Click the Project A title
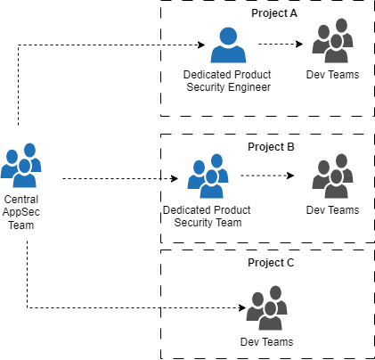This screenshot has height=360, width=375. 274,13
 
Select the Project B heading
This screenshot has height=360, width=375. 271,147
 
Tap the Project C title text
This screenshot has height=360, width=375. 271,263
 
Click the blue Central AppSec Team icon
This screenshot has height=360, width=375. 21,166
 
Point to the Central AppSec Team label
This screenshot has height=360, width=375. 20,212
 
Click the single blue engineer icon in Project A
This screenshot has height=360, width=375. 228,45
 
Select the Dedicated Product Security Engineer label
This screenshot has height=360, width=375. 227,81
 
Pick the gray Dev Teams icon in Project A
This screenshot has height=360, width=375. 332,41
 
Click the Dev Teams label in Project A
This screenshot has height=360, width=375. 332,75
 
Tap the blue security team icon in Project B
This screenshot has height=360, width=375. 208,176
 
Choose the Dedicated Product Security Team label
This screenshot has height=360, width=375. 207,217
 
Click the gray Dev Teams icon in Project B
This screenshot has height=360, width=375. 332,176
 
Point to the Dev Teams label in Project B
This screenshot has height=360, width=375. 332,210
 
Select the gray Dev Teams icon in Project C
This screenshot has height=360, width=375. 266,308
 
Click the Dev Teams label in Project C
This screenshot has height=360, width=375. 266,342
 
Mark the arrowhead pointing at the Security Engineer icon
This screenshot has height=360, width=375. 202,45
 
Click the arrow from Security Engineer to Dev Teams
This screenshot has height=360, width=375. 281,45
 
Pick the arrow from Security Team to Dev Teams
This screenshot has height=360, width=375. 267,176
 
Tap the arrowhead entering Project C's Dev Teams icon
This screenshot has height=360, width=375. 242,307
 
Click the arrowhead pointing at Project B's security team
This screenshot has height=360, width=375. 175,178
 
